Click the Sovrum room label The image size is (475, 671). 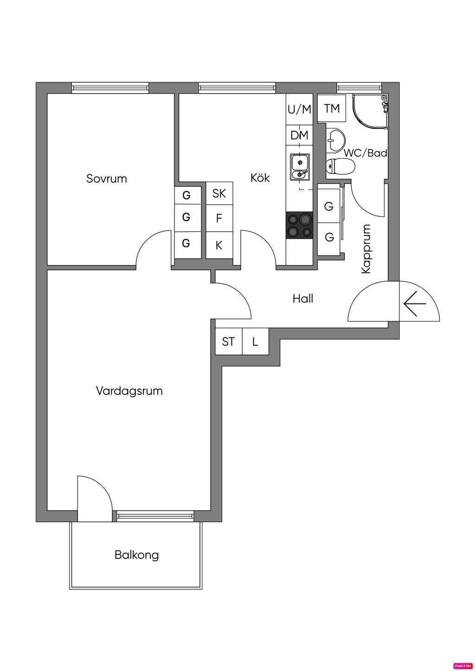[106, 179]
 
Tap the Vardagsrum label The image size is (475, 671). [129, 391]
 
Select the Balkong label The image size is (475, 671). [136, 555]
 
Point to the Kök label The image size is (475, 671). [260, 177]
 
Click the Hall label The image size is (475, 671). [302, 299]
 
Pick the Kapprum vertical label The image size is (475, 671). [366, 249]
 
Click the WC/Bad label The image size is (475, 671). [365, 153]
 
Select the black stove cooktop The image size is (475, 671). [299, 225]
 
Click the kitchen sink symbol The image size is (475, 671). [300, 167]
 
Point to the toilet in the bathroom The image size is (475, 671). [340, 165]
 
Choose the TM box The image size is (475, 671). [332, 108]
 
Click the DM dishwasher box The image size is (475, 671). [299, 136]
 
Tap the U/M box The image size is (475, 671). [299, 110]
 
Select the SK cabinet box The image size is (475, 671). [219, 193]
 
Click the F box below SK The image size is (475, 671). [219, 218]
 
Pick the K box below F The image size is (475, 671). [219, 245]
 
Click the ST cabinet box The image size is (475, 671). [228, 342]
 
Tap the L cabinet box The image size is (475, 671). [255, 342]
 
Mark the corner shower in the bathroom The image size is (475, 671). [370, 111]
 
